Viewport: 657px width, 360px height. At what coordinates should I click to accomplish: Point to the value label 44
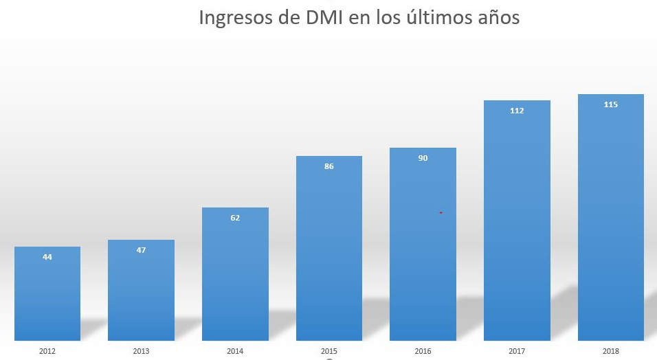[47, 257]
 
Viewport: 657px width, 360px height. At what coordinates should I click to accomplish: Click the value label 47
[141, 250]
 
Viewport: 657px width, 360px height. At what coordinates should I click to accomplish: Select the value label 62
[235, 218]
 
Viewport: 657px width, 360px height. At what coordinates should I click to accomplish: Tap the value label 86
[329, 166]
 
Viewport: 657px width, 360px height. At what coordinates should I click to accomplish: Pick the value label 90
[423, 158]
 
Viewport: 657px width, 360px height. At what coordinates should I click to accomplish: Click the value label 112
[517, 111]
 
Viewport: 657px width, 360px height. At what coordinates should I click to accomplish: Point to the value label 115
[610, 104]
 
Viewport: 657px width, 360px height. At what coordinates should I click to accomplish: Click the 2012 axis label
[47, 351]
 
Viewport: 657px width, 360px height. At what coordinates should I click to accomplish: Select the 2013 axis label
[141, 351]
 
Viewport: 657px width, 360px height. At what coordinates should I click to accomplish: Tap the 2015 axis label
[329, 351]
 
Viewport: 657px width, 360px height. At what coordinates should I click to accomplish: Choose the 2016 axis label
[423, 351]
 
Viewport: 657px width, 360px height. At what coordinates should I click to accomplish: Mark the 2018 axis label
[610, 351]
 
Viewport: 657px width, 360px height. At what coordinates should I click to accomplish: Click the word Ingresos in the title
[234, 18]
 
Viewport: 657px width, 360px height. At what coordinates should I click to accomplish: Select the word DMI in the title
[321, 17]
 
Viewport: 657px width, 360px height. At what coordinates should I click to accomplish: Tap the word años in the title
[497, 17]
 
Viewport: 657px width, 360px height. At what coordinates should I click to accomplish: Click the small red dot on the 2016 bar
[441, 213]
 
